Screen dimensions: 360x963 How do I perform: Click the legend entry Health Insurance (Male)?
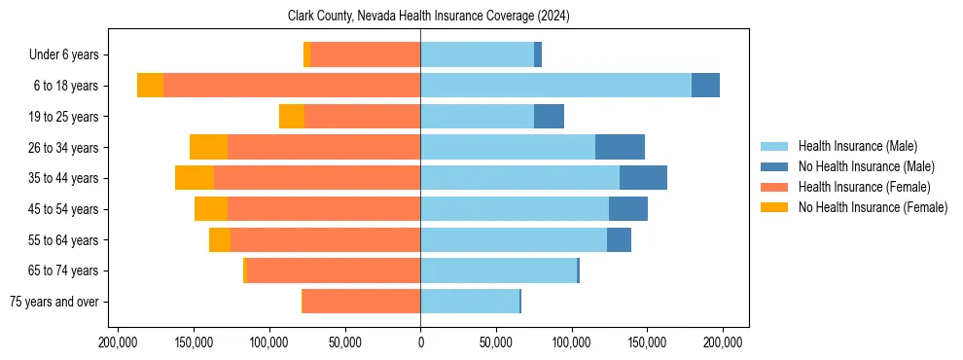(857, 146)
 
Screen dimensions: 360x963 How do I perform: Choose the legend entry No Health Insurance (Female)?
(873, 207)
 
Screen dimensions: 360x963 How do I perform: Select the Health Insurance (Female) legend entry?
(864, 187)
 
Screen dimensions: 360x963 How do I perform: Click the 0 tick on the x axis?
(420, 342)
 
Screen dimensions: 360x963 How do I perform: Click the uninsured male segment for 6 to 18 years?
(705, 86)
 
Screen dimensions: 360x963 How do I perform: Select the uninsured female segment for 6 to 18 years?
(150, 86)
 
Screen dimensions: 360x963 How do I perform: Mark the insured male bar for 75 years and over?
(470, 302)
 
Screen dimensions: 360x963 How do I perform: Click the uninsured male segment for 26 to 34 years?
(620, 147)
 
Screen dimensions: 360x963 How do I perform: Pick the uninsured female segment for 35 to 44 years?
(195, 178)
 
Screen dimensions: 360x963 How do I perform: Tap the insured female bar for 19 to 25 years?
(362, 117)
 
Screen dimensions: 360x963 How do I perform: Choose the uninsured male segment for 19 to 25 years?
(549, 117)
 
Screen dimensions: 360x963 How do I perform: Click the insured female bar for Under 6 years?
(365, 55)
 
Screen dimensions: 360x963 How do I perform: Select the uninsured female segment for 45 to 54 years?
(211, 209)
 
